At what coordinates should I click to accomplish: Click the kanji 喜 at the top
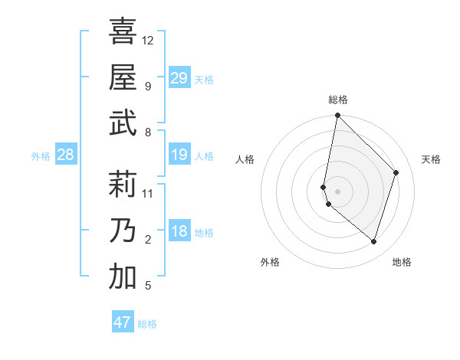pos(122,32)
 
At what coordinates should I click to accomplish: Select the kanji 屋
pos(122,77)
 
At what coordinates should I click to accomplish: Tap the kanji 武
pos(122,123)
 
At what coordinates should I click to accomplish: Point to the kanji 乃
pos(122,231)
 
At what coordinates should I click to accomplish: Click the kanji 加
pos(122,277)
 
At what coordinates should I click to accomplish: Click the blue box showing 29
pos(179,78)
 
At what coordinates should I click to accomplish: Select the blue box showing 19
pos(179,155)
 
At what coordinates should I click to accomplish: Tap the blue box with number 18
pos(179,232)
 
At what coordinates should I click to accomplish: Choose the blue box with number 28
pos(66,155)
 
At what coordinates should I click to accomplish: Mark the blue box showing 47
pos(123,322)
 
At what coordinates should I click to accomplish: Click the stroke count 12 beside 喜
pos(148,40)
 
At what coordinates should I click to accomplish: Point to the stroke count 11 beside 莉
pos(148,193)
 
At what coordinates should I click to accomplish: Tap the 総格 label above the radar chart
pos(337,100)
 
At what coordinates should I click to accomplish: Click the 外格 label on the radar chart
pos(270,262)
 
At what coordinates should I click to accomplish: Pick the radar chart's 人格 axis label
pos(245,159)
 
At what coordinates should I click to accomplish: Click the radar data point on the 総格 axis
pos(337,116)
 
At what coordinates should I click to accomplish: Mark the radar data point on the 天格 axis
pos(396,172)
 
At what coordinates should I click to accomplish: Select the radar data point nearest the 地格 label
pos(373,241)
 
